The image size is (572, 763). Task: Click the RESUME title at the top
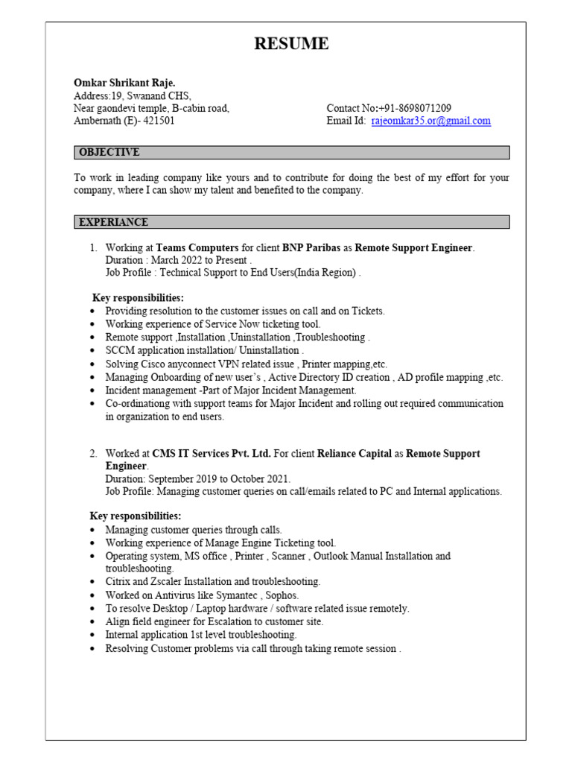coord(291,44)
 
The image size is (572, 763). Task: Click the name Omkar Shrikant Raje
coord(124,83)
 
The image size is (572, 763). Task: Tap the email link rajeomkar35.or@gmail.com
coord(430,121)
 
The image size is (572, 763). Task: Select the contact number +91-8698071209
coord(414,108)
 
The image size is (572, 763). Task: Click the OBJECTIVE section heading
coord(109,152)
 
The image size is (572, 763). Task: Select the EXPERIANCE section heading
coord(113,222)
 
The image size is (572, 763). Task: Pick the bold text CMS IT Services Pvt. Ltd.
coord(212,453)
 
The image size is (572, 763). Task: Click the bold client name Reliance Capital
coord(355,453)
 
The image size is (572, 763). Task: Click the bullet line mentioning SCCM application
coord(204,349)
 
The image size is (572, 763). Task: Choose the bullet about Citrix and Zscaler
coord(212,581)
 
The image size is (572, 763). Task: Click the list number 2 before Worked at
coord(94,453)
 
